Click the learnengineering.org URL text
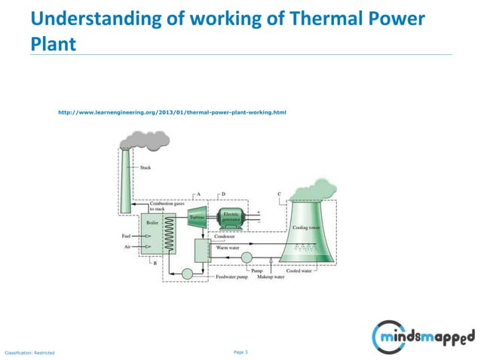click(172, 112)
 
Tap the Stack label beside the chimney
click(146, 167)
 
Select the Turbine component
click(198, 216)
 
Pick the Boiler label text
click(152, 221)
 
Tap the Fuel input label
click(127, 235)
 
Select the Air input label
click(129, 246)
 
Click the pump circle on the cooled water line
click(247, 258)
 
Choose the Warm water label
click(228, 246)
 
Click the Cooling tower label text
click(306, 227)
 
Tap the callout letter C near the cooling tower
click(279, 194)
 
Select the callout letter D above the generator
click(224, 194)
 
